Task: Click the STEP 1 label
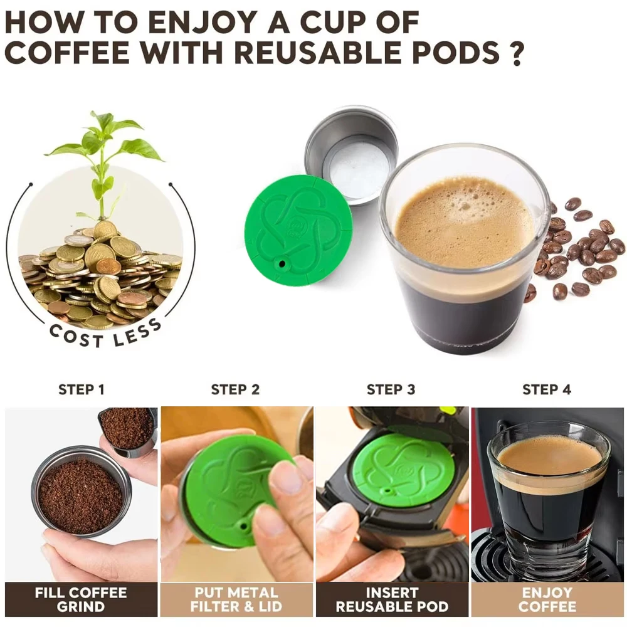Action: [81, 389]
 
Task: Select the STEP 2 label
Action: [235, 389]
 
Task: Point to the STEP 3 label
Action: [391, 389]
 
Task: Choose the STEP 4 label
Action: [547, 389]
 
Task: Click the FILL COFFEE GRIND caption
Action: [81, 599]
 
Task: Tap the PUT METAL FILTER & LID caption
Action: [236, 599]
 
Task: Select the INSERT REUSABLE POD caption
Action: [392, 599]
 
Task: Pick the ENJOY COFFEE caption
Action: [547, 599]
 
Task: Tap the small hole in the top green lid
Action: [282, 264]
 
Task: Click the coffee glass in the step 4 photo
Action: [549, 500]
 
